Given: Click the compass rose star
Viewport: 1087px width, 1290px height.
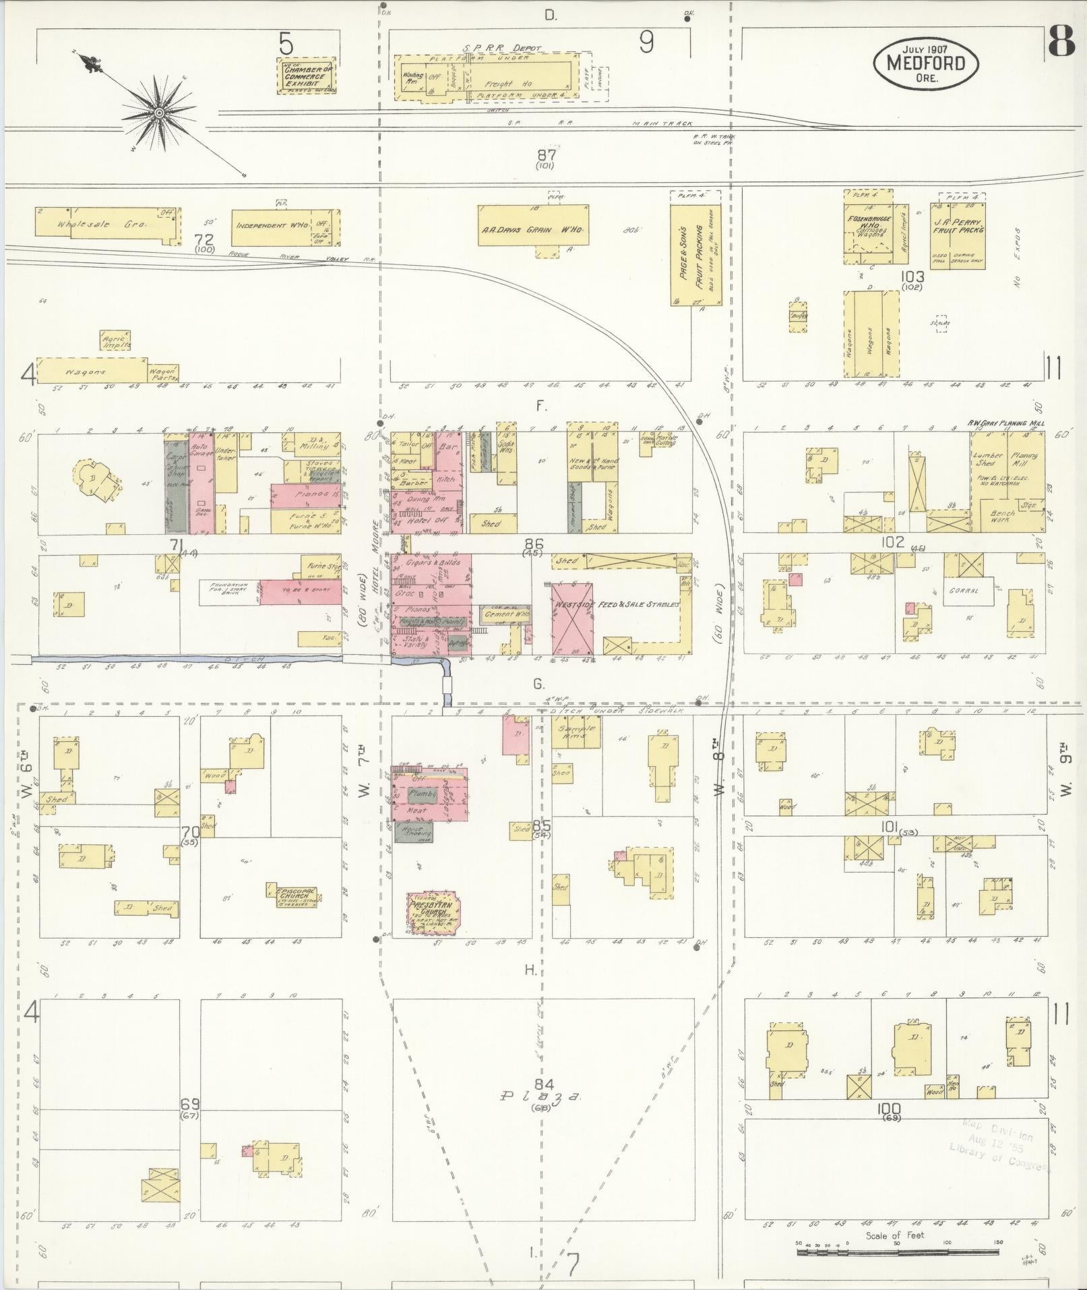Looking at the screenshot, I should coord(159,113).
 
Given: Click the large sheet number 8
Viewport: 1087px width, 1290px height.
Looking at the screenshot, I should coord(1061,45).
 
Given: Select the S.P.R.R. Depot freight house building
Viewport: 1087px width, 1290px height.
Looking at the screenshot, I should coord(499,82).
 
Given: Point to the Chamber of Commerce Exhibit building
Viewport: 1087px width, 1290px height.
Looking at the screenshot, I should coord(307,76).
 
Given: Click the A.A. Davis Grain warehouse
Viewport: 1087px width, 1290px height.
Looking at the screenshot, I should coord(532,230).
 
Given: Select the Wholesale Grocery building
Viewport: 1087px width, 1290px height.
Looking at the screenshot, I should coord(108,224).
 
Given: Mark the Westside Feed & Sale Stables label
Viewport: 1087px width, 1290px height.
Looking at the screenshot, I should coord(615,604).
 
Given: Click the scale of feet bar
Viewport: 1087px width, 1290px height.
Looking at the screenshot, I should coord(896,1252).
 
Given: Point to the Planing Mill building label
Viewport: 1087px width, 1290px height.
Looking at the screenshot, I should coord(1024,461).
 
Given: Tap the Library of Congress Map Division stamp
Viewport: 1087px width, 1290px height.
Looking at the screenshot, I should coord(1001,1144).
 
